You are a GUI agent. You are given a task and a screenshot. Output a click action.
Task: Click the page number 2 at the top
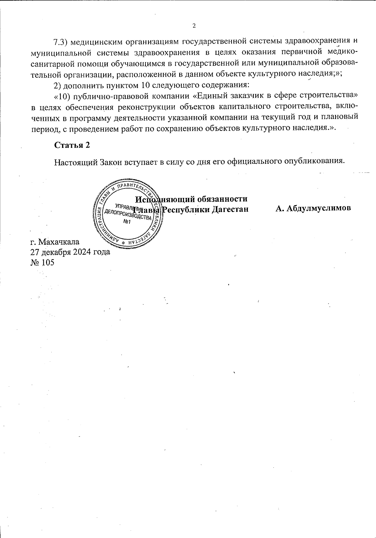click(x=194, y=26)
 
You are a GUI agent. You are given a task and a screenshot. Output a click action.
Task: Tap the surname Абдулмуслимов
click(x=313, y=209)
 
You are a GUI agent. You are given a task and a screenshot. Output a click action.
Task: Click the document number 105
click(x=47, y=262)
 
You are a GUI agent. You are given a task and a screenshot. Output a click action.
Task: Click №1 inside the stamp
click(x=127, y=222)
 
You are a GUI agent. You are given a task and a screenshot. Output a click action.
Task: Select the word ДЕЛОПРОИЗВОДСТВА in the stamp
click(x=128, y=215)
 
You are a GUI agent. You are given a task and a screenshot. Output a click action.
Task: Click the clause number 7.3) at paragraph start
click(x=61, y=41)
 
